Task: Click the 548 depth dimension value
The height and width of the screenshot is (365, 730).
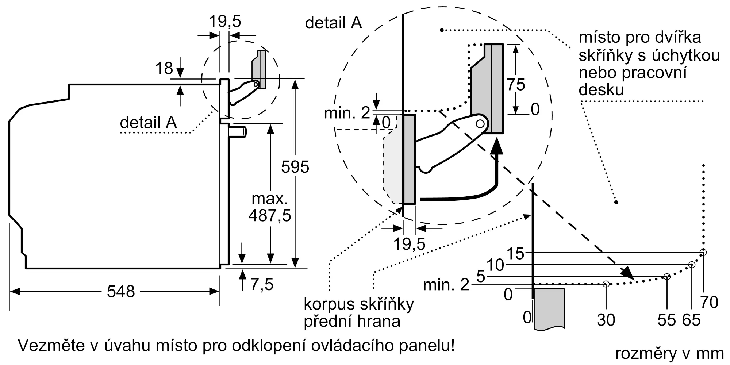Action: pyautogui.click(x=121, y=292)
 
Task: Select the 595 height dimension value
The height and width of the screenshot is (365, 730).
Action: pyautogui.click(x=295, y=167)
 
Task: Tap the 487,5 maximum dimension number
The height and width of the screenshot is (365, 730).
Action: pyautogui.click(x=270, y=215)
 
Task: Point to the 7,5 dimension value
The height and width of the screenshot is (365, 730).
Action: pyautogui.click(x=262, y=284)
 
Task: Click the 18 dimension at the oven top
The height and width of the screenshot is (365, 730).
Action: pyautogui.click(x=164, y=68)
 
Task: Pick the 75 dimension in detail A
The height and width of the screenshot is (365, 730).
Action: pyautogui.click(x=516, y=85)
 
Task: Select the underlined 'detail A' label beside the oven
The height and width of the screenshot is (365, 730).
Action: pyautogui.click(x=149, y=122)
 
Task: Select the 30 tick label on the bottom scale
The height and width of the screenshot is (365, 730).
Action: pyautogui.click(x=606, y=320)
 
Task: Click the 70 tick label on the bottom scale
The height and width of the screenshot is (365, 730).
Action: pyautogui.click(x=709, y=302)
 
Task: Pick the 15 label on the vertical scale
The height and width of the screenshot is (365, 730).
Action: pyautogui.click(x=515, y=254)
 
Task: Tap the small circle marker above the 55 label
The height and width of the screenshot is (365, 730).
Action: pyautogui.click(x=667, y=277)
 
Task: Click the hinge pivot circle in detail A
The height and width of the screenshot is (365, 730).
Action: pyautogui.click(x=480, y=124)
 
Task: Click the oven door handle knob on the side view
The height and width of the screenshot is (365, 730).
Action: pyautogui.click(x=238, y=131)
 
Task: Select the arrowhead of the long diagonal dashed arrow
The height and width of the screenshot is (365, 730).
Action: pyautogui.click(x=628, y=273)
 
